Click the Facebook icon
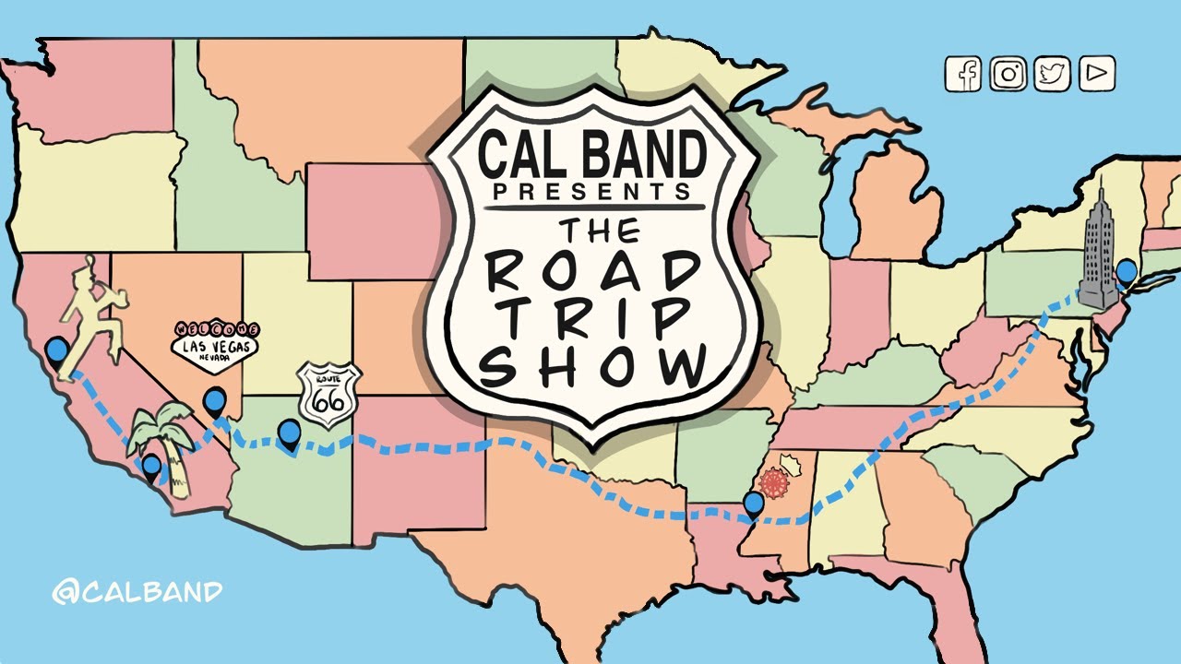963,74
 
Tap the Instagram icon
1008,74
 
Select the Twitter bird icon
1053,74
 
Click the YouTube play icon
1096,74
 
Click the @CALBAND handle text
137,591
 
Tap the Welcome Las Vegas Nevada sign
215,346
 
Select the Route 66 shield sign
328,396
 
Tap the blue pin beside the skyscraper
1127,273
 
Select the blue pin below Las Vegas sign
215,401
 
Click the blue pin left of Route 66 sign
289,433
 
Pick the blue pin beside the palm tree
151,467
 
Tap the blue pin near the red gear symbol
754,504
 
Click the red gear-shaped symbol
773,483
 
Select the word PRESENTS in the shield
591,192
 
